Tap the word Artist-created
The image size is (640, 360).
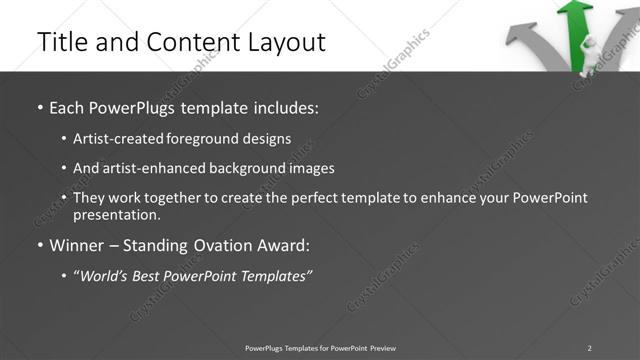click(x=115, y=138)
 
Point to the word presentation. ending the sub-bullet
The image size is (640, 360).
click(x=117, y=214)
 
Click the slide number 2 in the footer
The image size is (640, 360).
click(x=589, y=347)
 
